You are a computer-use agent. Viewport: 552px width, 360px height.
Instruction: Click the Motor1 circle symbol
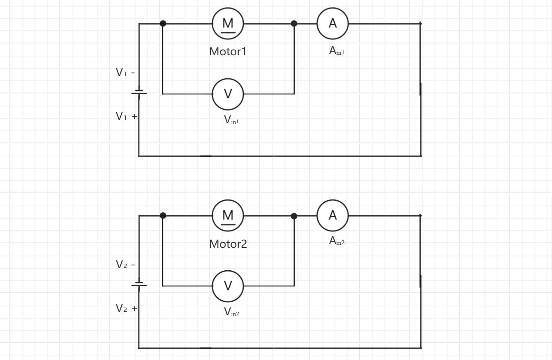tap(228, 24)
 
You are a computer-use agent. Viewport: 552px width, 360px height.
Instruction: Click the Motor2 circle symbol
tap(228, 215)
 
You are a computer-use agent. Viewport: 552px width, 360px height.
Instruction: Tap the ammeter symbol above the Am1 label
tap(333, 24)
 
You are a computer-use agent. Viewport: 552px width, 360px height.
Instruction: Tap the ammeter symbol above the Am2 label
tap(333, 215)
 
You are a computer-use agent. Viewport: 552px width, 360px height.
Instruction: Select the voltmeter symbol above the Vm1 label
tap(228, 94)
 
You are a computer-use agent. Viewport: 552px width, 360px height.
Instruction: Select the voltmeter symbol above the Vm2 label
tap(228, 286)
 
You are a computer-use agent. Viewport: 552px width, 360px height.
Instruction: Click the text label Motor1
tap(228, 52)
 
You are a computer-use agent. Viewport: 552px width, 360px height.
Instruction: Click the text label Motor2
tap(228, 244)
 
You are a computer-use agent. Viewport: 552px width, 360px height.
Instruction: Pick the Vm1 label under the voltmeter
tap(231, 120)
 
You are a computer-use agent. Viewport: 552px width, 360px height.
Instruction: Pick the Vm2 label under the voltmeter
tap(231, 312)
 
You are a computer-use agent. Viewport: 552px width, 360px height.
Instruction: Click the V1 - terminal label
tap(125, 73)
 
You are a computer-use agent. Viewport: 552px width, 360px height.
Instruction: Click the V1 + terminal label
tap(127, 117)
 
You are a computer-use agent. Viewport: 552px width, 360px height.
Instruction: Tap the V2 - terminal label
tap(125, 265)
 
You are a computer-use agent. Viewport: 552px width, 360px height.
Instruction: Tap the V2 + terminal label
tap(127, 308)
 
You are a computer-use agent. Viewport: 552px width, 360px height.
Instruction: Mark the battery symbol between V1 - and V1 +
tap(139, 93)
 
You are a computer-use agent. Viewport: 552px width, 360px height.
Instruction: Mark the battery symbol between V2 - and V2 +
tap(139, 284)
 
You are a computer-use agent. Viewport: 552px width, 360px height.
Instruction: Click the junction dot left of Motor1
tap(163, 23)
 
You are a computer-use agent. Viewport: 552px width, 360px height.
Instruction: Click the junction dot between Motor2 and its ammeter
tap(294, 216)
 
